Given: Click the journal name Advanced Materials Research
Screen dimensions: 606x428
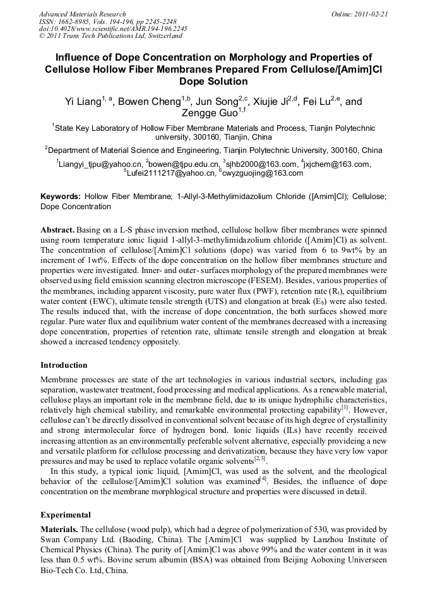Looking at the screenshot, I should coord(82,14).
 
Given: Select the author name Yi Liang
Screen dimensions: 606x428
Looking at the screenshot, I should coord(83,102).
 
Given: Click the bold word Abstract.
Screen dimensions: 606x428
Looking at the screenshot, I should coord(58,229).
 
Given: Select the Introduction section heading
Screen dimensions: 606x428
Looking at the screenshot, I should coord(64,365).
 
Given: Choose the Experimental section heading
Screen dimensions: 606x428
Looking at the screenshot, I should coord(66,515).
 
